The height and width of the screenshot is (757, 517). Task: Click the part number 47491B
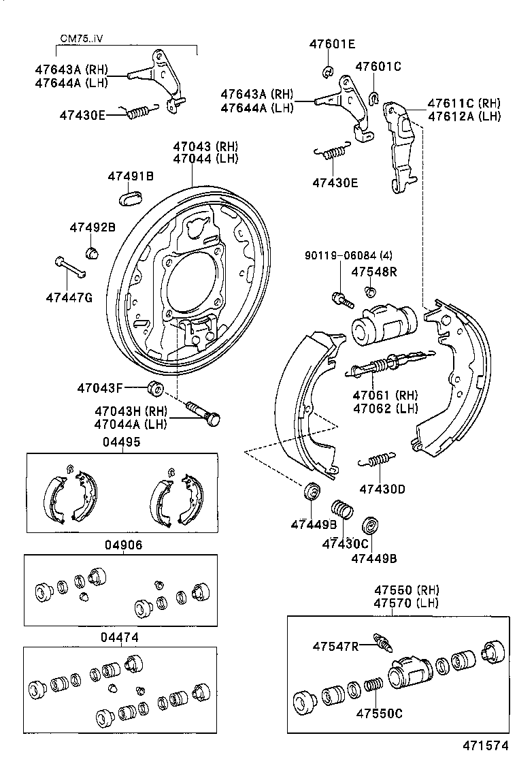point(130,177)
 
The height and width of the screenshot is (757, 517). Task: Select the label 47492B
point(92,227)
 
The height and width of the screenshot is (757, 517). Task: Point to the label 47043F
point(99,388)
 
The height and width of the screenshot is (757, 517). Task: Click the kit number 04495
point(122,442)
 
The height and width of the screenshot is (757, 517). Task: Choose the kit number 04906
point(123,545)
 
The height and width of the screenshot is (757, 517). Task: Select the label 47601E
point(332,45)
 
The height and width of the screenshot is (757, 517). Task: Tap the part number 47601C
point(378,67)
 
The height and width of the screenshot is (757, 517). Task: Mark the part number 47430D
point(382,489)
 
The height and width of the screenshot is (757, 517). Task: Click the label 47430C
point(345,543)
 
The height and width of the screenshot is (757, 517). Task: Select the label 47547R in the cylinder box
point(335,645)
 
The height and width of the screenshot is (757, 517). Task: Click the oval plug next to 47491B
point(130,197)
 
